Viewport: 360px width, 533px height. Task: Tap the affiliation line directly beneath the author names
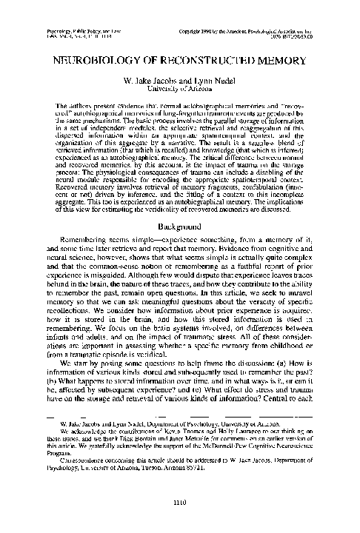pyautogui.click(x=180, y=90)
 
